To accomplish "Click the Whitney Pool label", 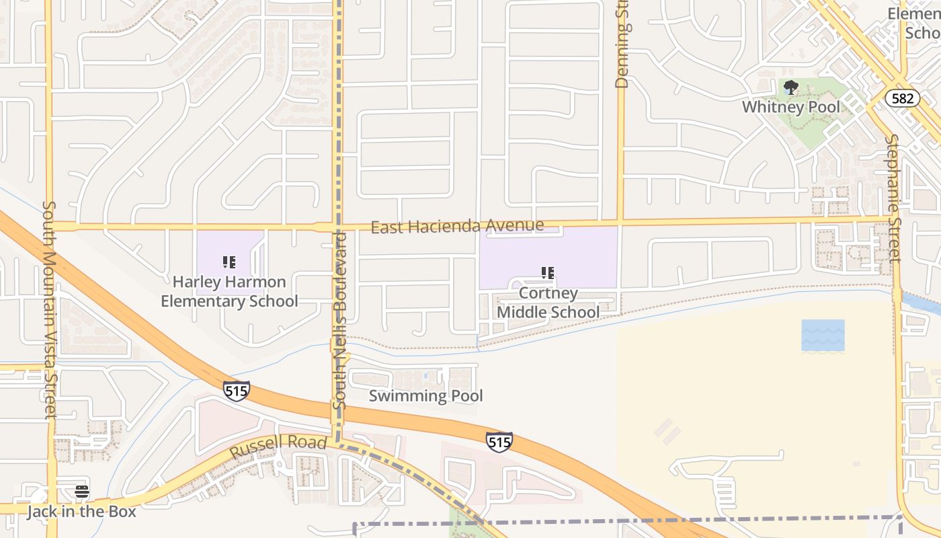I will click(x=791, y=107).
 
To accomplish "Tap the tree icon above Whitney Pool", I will click(x=791, y=87).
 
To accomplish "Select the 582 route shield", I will click(x=902, y=98).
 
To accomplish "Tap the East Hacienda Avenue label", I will click(x=457, y=227).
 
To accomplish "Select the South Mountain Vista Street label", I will click(x=50, y=309).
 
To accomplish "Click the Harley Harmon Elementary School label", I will click(x=229, y=291).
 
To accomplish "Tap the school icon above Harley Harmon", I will click(x=229, y=262).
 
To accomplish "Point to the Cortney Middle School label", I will click(x=548, y=303).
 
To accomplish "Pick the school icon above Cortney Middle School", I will click(x=548, y=273).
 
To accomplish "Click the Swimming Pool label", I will click(x=425, y=396).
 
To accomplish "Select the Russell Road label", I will click(x=278, y=446).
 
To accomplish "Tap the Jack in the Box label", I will click(x=81, y=512).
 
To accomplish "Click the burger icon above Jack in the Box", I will click(x=82, y=492).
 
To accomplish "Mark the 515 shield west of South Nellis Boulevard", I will click(x=237, y=391).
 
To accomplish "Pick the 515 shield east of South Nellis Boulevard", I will click(x=499, y=442).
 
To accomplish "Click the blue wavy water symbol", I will click(x=823, y=335).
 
